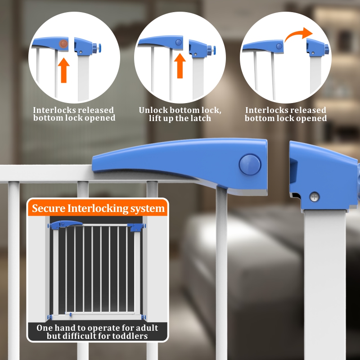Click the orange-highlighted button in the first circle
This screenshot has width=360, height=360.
click(63, 44)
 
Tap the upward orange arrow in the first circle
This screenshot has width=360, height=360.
click(63, 70)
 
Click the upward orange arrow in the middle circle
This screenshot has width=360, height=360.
click(180, 66)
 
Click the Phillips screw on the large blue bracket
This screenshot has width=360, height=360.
click(314, 197)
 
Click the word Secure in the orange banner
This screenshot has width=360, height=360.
click(49, 208)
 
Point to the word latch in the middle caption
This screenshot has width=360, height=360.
click(200, 118)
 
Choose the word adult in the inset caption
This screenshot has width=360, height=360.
click(146, 328)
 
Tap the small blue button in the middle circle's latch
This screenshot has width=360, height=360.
click(178, 42)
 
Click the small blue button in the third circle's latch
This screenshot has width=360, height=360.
click(279, 46)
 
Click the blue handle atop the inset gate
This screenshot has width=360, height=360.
click(65, 224)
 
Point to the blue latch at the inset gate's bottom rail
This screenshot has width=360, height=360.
click(70, 314)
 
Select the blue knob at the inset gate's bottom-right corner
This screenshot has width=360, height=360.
click(143, 317)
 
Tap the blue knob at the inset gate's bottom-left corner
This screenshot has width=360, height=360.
click(49, 317)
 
